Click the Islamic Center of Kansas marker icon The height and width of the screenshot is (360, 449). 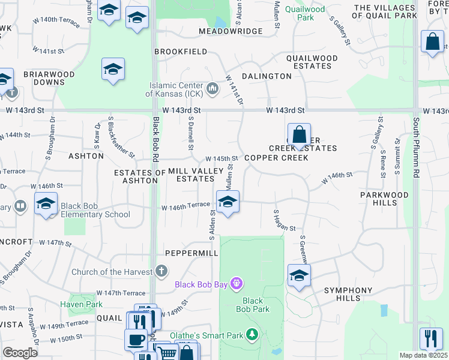click(x=212, y=89)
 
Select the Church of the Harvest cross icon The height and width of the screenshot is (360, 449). click(x=160, y=271)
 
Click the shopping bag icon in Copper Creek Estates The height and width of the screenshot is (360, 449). click(x=299, y=134)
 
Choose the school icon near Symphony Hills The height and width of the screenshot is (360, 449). click(x=299, y=275)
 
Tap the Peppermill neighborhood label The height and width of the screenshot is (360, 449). click(x=191, y=254)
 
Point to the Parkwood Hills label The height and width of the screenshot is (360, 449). click(x=384, y=199)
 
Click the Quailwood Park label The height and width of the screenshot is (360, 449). click(x=305, y=13)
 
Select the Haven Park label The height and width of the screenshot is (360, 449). click(x=81, y=304)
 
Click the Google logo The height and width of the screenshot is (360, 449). click(x=20, y=352)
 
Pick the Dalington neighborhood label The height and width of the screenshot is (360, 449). click(x=267, y=76)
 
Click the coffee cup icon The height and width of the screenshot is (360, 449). click(x=136, y=340)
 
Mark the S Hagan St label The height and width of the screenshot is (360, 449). click(x=285, y=221)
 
